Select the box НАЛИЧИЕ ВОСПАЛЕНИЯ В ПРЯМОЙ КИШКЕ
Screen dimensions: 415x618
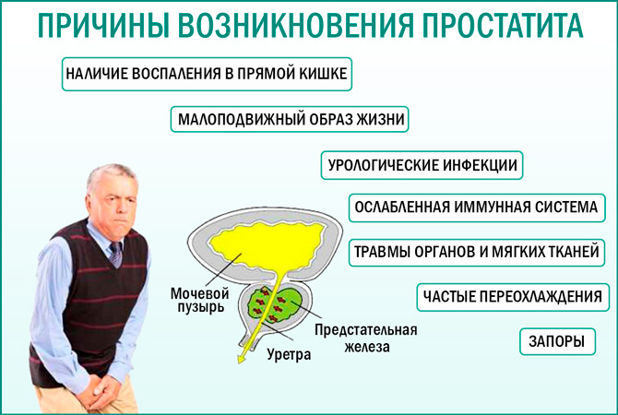(207, 75)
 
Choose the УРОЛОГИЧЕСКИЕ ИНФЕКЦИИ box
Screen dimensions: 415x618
(422, 166)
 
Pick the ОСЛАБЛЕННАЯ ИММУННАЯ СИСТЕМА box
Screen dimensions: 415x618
(476, 207)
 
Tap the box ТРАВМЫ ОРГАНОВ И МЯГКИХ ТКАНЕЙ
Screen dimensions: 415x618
(476, 251)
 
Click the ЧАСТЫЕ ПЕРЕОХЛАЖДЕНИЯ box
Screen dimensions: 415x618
(512, 297)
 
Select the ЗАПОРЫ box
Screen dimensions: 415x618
(555, 340)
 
